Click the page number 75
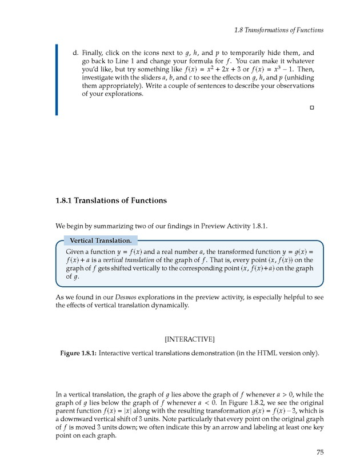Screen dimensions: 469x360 pos(320,453)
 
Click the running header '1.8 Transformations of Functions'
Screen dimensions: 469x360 pos(279,30)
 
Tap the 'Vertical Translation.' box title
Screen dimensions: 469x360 pos(100,240)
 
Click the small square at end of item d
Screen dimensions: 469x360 pos(312,107)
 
